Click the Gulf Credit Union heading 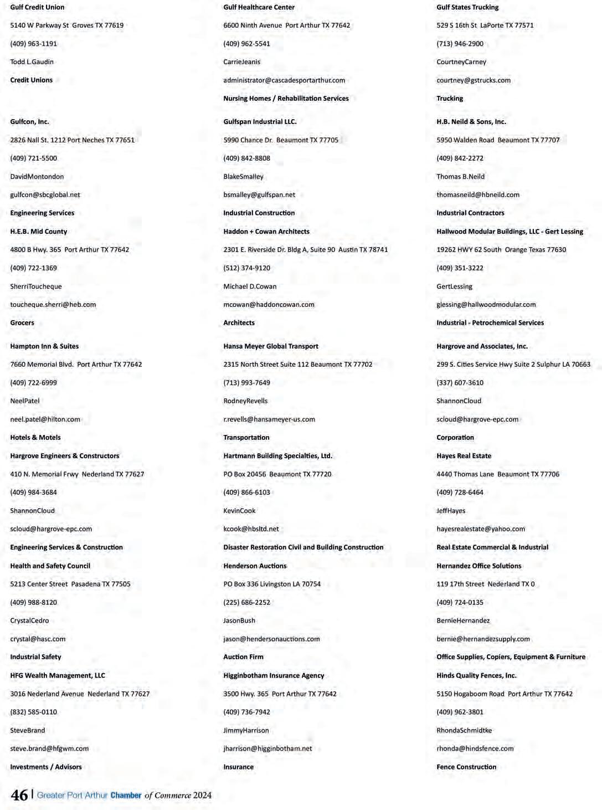tap(37, 7)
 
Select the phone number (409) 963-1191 tap(33, 44)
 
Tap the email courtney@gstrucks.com tap(474, 80)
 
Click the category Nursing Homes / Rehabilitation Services tap(286, 99)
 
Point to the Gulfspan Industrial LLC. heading tap(260, 122)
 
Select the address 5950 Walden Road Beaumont tap(498, 140)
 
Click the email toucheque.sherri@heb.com tap(53, 305)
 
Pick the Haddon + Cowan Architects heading tap(266, 232)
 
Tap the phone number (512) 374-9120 tap(246, 268)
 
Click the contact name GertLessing tap(454, 286)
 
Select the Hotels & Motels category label tap(35, 438)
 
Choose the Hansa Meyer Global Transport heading tap(271, 346)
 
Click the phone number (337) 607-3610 tap(460, 383)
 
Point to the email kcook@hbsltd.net tap(251, 529)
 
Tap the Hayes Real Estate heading tap(464, 456)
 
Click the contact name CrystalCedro tap(29, 621)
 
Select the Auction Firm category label tap(243, 657)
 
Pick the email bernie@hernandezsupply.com tap(483, 639)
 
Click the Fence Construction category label tap(466, 767)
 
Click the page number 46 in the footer tap(19, 796)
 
